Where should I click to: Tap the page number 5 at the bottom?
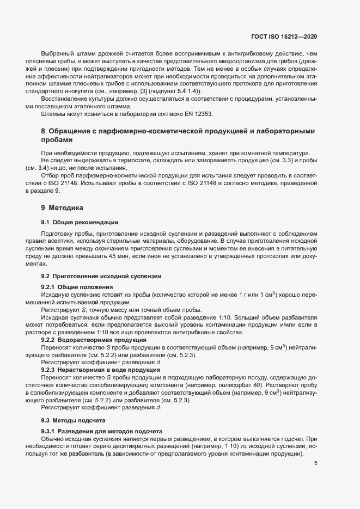coord(315,464)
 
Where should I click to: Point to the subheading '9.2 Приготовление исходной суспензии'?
coord(101,277)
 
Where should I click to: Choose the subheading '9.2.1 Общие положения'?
coord(77,287)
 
